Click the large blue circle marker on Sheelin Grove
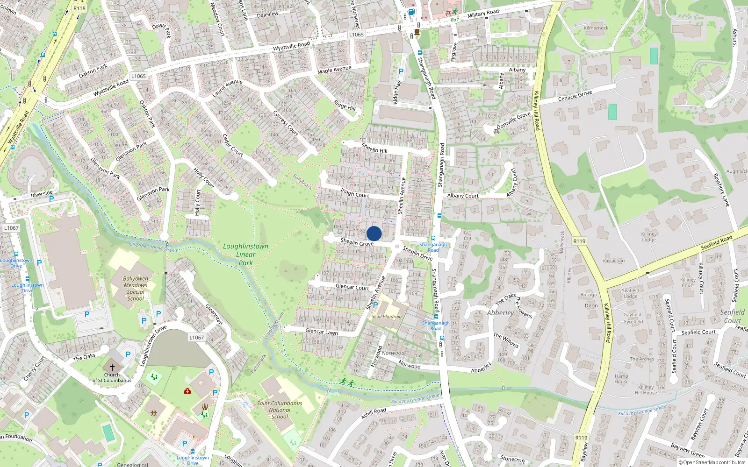[374, 233]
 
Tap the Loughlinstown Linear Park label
[245, 254]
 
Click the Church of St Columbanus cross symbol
[112, 368]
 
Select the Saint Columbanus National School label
[280, 410]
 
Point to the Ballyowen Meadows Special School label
[136, 288]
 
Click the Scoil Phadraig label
[387, 317]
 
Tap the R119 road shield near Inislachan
[579, 241]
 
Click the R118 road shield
[79, 8]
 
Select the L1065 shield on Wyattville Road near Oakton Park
[138, 76]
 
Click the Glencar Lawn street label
[321, 332]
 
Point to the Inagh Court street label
[355, 192]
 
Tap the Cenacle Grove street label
[575, 96]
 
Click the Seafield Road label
[716, 242]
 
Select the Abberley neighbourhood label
[500, 313]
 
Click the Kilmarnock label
[596, 28]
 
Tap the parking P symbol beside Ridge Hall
[401, 71]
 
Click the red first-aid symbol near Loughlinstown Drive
[187, 390]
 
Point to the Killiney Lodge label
[649, 237]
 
